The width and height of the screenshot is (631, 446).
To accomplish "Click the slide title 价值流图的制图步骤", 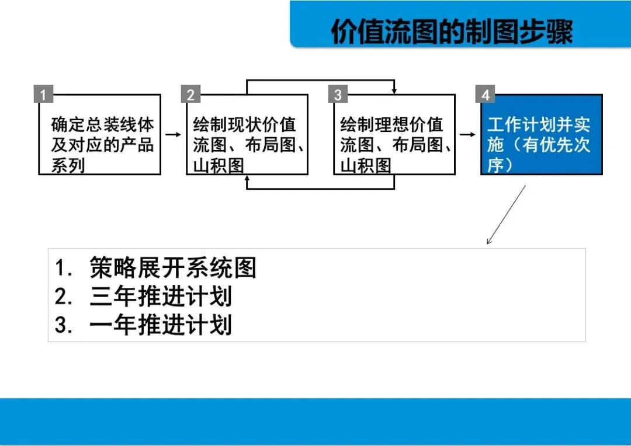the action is (x=452, y=32).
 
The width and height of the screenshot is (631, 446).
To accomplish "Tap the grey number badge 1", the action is (x=43, y=95).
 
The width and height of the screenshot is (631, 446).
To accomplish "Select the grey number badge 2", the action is (x=190, y=95).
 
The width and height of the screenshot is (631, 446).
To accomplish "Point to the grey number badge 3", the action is (x=338, y=95).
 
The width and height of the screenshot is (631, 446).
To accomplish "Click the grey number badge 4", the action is (x=485, y=95).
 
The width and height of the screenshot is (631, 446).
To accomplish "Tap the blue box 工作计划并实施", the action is (x=541, y=140).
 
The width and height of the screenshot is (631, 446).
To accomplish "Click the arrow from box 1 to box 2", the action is (x=174, y=135).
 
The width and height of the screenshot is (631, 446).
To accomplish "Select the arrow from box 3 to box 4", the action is (x=468, y=135).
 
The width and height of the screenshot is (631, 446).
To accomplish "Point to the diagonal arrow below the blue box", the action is (x=506, y=215).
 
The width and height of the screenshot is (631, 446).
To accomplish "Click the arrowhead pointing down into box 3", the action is (x=394, y=90).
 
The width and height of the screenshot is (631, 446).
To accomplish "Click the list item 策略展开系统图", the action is (x=173, y=268).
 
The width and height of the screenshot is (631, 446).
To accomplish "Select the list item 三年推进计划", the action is (x=161, y=297).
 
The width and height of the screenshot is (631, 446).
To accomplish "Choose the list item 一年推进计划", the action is (x=161, y=325).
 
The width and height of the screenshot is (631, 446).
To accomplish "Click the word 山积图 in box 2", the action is (x=219, y=166).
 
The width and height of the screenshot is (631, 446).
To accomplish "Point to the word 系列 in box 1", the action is (x=68, y=166).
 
